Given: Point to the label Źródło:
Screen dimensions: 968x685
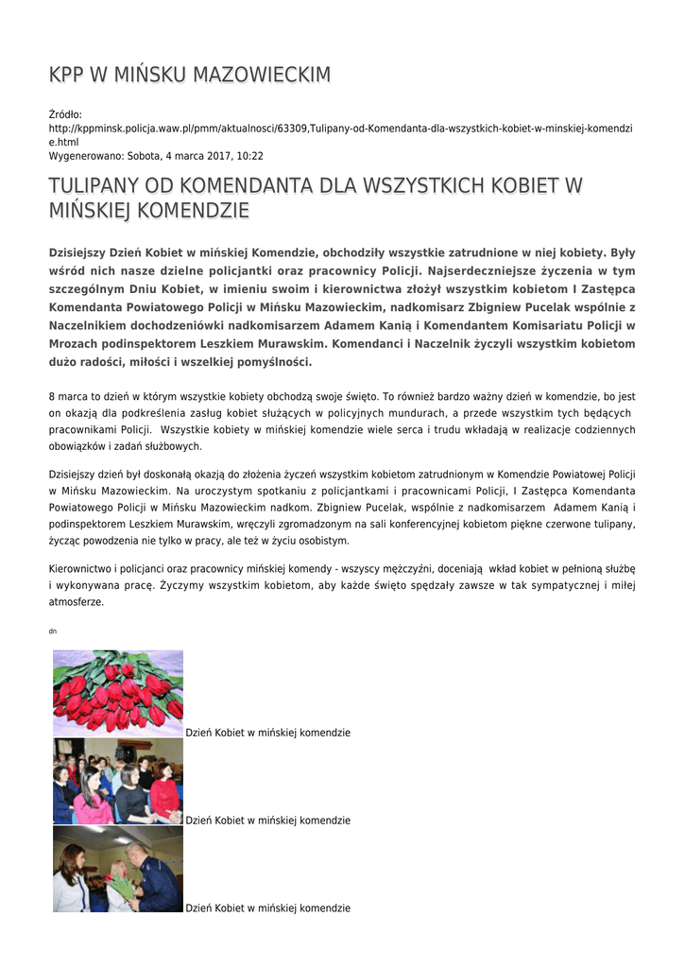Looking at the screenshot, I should [x=66, y=114].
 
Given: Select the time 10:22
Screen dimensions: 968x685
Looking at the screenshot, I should [x=250, y=156].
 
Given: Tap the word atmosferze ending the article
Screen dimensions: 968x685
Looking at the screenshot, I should [x=77, y=602].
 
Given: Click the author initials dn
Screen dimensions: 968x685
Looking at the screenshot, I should [x=52, y=631].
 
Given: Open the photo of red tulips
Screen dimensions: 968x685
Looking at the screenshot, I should [x=118, y=693].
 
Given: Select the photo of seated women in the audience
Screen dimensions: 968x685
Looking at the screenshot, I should [x=118, y=781].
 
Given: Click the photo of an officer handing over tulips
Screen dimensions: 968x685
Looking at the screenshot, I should [x=118, y=869].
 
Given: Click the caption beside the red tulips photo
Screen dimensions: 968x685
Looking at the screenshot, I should [x=268, y=733].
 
